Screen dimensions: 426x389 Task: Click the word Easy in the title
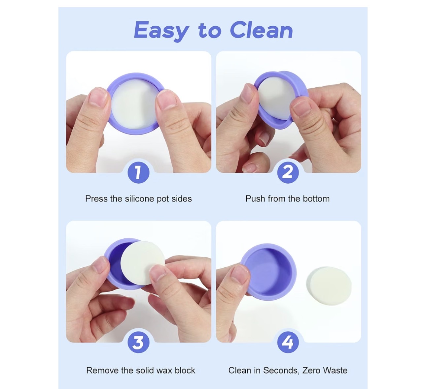161,31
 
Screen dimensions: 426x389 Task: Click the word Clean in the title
261,30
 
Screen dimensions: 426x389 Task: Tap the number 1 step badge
138,172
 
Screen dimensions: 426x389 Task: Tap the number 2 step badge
288,172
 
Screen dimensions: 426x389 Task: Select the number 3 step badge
138,342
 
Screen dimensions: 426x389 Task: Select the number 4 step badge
288,342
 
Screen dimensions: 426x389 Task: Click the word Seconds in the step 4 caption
281,371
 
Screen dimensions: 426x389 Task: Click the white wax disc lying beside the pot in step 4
329,286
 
